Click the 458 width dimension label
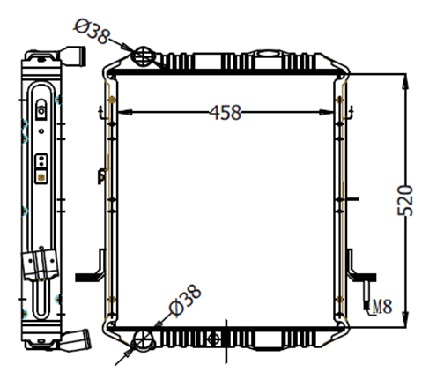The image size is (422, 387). pyautogui.click(x=226, y=112)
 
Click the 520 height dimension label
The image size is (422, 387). pyautogui.click(x=405, y=200)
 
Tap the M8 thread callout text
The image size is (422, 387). pyautogui.click(x=382, y=306)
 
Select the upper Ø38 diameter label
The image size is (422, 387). pyautogui.click(x=92, y=32)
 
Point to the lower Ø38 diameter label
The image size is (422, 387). pyautogui.click(x=185, y=301)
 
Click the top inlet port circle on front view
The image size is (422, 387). pyautogui.click(x=144, y=56)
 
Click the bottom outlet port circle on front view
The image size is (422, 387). pyautogui.click(x=144, y=341)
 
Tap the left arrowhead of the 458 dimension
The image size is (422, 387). pyautogui.click(x=124, y=112)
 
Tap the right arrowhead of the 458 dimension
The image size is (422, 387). pyautogui.click(x=326, y=112)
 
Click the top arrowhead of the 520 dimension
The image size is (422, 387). pyautogui.click(x=405, y=81)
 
